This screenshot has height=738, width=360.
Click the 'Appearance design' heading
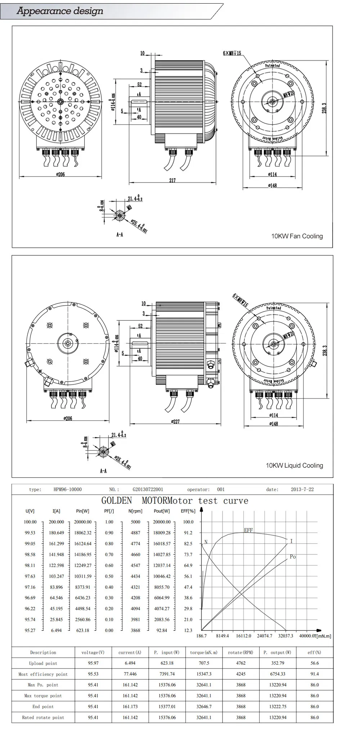[60, 11]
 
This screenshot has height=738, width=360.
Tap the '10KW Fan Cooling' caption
[297, 236]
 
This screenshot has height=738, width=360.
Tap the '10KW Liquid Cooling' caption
[294, 465]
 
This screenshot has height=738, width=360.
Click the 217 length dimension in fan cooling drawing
[172, 180]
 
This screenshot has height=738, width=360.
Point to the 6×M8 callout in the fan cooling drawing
[232, 53]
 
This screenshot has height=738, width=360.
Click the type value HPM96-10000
[67, 489]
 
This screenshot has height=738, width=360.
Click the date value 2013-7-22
[302, 489]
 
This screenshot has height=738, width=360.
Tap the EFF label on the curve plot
[248, 530]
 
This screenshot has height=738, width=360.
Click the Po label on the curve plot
[293, 557]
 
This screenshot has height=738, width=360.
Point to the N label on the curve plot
[206, 542]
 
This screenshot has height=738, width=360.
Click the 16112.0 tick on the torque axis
[243, 636]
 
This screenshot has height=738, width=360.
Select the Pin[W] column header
[83, 511]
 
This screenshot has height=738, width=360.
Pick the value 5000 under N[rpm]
[135, 522]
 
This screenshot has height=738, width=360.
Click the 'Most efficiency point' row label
[43, 674]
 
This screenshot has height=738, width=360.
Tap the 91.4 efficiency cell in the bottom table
[314, 674]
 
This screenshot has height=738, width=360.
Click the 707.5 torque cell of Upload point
[204, 663]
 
